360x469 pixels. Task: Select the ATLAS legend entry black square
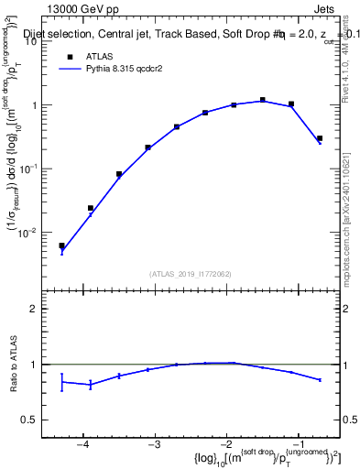(69, 56)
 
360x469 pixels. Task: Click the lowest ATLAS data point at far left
(61, 245)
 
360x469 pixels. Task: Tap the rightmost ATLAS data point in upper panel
(320, 138)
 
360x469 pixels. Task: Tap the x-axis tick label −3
(155, 444)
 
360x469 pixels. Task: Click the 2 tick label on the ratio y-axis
(39, 309)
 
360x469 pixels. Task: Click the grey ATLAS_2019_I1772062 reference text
(190, 273)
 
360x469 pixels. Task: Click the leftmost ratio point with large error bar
(61, 381)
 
